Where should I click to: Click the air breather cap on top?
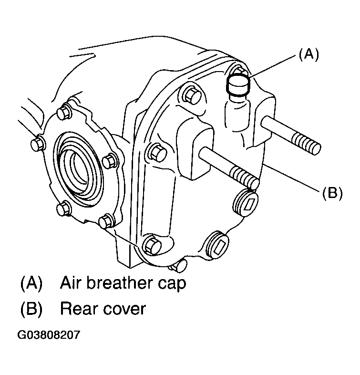pyautogui.click(x=238, y=85)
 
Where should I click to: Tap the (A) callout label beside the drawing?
pyautogui.click(x=309, y=54)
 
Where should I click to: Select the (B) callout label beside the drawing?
pyautogui.click(x=332, y=193)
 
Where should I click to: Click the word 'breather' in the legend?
pyautogui.click(x=119, y=283)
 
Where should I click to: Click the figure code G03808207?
pyautogui.click(x=48, y=335)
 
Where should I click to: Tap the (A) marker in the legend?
pyautogui.click(x=31, y=283)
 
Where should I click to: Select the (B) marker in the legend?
pyautogui.click(x=31, y=309)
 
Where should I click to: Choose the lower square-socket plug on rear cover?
pyautogui.click(x=217, y=245)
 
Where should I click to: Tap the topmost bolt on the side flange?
pyautogui.click(x=64, y=112)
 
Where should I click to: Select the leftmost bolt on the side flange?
pyautogui.click(x=38, y=144)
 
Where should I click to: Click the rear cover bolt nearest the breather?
pyautogui.click(x=192, y=95)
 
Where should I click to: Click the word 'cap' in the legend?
pyautogui.click(x=172, y=285)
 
